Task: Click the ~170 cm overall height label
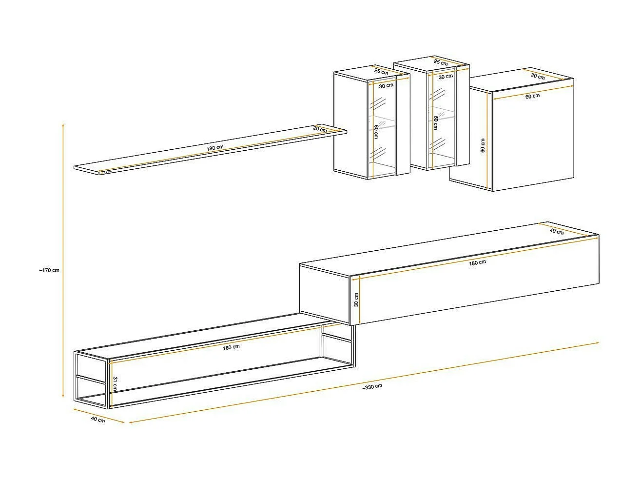[x=49, y=270]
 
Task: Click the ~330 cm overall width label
[x=372, y=387]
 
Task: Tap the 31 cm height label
[x=115, y=384]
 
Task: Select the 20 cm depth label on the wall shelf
[x=320, y=129]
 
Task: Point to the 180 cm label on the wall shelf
[x=215, y=147]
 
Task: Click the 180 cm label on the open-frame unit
[x=231, y=347]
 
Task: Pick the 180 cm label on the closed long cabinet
[x=477, y=262]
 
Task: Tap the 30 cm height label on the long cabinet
[x=356, y=300]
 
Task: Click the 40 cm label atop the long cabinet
[x=557, y=231]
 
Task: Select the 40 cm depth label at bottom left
[x=98, y=420]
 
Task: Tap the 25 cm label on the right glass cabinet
[x=441, y=62]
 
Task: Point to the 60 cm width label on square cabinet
[x=532, y=96]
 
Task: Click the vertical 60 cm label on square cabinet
[x=483, y=145]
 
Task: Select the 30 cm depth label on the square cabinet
[x=538, y=76]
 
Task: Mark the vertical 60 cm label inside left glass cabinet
[x=376, y=132]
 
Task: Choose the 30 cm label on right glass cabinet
[x=445, y=77]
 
